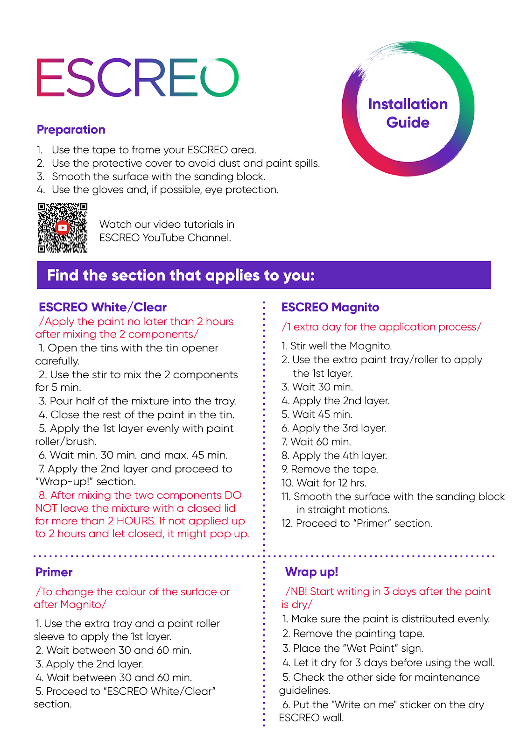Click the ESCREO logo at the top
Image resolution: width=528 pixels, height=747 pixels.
137,78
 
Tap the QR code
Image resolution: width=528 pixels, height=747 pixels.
63,228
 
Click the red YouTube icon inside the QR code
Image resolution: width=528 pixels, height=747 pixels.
62,228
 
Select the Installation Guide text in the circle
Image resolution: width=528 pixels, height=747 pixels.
408,113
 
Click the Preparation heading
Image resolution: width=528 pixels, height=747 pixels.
71,130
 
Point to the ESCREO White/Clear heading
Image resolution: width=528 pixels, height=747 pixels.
103,307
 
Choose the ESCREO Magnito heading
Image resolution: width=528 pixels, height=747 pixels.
330,307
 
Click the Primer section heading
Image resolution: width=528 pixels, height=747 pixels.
54,572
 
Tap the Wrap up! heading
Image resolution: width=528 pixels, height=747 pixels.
311,572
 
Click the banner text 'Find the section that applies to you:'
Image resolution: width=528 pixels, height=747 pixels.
181,275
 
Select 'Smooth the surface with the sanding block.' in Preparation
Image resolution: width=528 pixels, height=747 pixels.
158,177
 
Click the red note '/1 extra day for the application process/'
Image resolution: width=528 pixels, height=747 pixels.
381,327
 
